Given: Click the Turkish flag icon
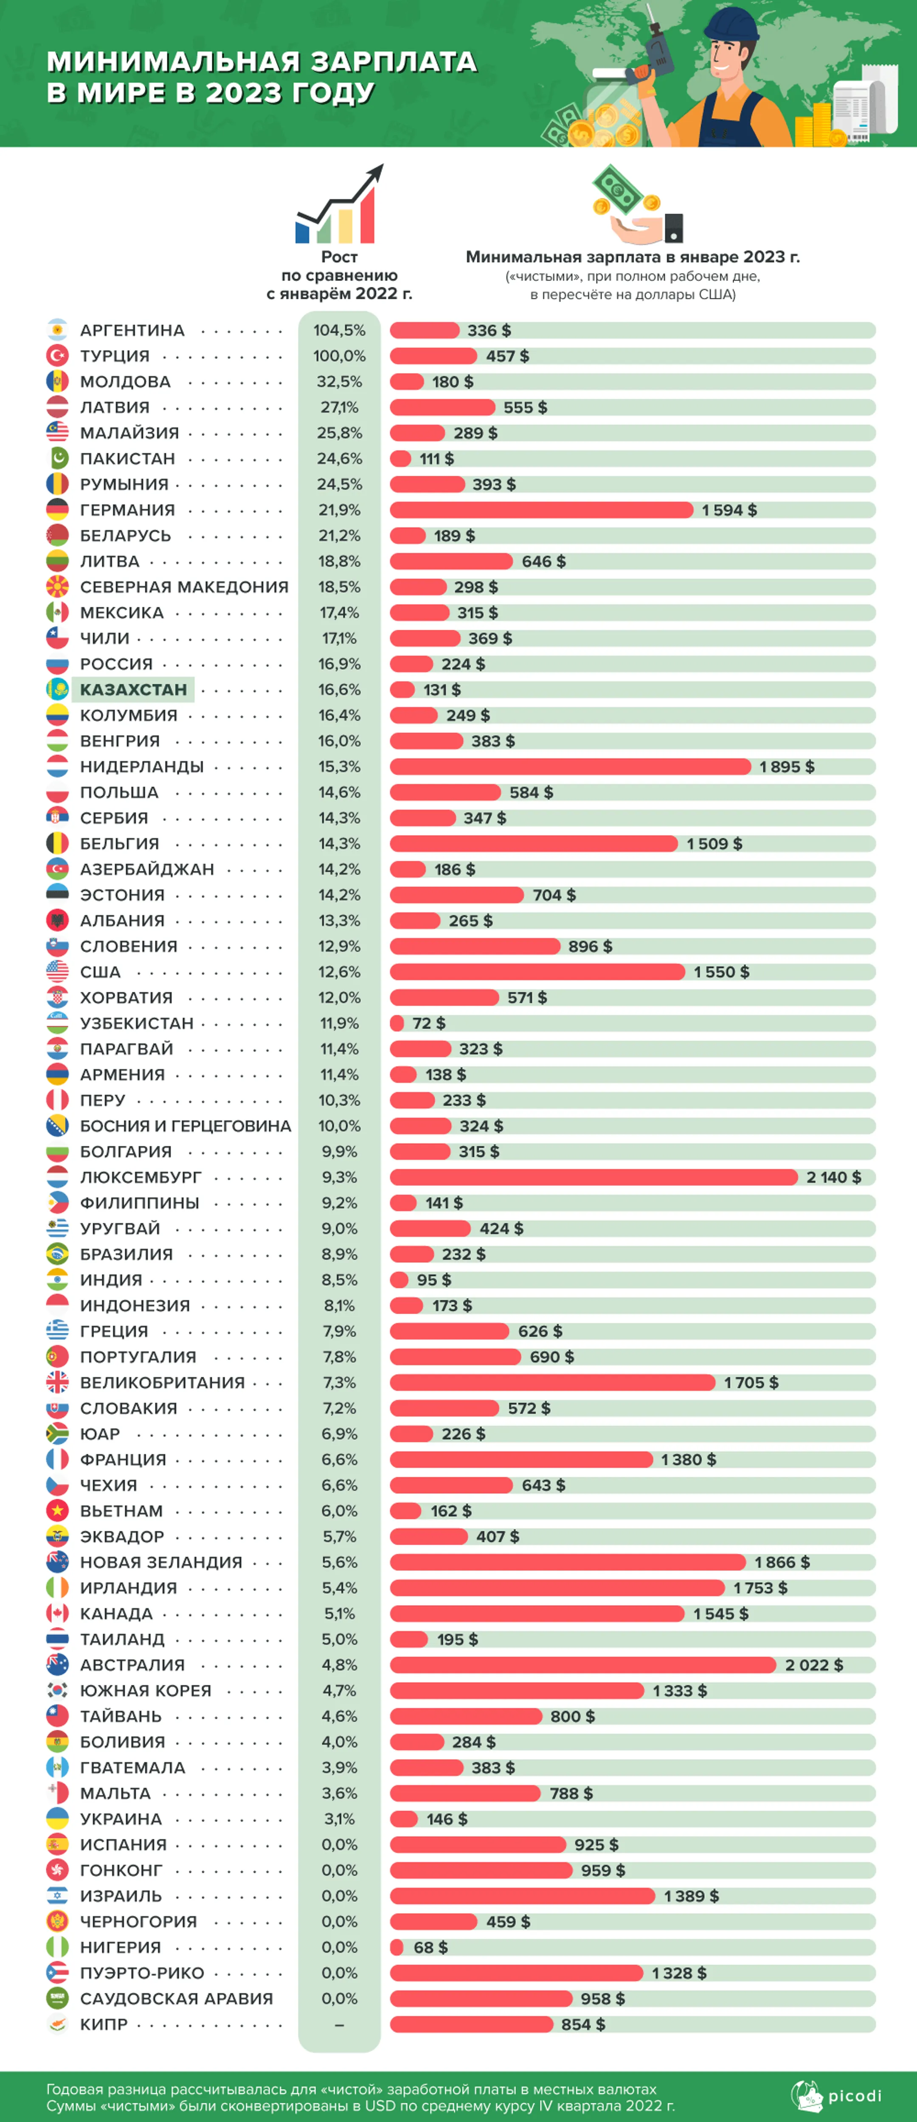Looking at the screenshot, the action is point(57,356).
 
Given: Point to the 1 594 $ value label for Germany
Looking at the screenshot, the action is point(729,510).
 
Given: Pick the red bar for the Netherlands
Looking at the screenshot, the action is point(570,767).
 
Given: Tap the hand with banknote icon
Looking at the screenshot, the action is point(637,204).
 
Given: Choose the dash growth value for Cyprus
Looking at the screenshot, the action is point(340,2025).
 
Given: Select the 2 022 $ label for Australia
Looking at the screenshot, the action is point(814,1665).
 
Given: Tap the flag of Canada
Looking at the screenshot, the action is point(57,1614).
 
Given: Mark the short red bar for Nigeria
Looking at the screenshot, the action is point(396,1948).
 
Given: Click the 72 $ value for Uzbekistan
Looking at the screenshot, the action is point(428,1023).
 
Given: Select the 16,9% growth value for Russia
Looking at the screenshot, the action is point(340,664).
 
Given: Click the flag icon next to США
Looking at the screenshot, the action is point(57,972).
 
